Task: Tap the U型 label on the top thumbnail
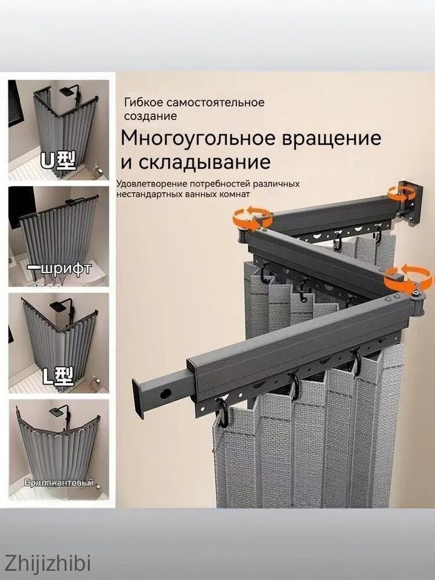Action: pos(57,161)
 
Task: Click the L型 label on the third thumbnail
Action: pos(58,377)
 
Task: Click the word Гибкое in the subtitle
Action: pos(142,103)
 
